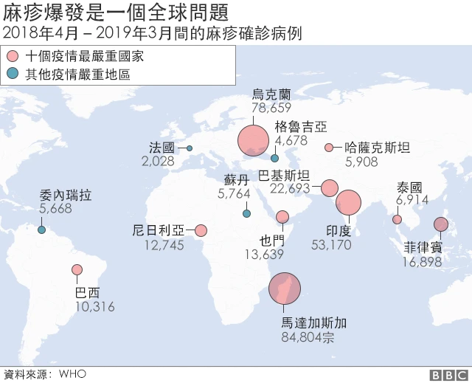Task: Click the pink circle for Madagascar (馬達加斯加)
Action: [285, 289]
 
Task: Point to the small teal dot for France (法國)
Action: [190, 148]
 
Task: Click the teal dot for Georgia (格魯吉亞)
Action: [275, 157]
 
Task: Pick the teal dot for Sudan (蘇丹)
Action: [246, 214]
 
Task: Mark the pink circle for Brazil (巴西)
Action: [77, 270]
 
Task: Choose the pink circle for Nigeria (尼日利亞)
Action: [201, 230]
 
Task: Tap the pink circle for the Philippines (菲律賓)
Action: [441, 225]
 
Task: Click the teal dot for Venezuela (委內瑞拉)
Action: [41, 229]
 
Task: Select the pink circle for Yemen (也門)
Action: [282, 216]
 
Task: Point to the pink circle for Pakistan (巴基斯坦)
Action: [329, 188]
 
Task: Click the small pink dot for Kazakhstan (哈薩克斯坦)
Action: [329, 148]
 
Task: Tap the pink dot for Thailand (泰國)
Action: [398, 219]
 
